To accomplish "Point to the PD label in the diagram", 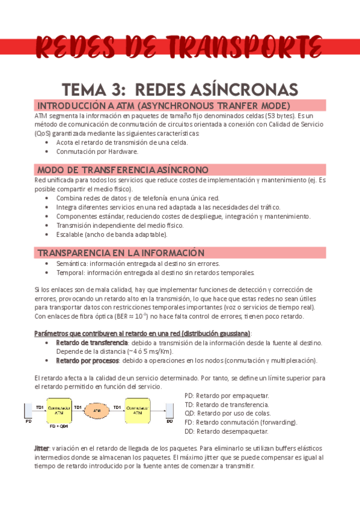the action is [28, 422].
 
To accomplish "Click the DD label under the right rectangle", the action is [169, 422].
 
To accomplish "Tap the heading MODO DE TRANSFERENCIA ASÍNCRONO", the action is [123, 169].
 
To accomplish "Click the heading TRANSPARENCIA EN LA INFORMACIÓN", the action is [120, 253].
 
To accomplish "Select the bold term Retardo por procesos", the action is [88, 361].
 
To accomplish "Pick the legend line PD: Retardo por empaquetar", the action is [227, 395].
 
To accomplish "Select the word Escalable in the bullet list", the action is [71, 235].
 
